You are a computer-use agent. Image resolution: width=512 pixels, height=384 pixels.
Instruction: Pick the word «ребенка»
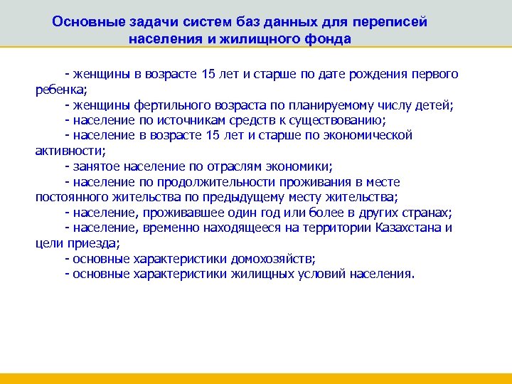60,90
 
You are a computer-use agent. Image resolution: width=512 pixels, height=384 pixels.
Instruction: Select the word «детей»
433,105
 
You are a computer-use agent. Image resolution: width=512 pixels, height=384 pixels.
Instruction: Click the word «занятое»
96,166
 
